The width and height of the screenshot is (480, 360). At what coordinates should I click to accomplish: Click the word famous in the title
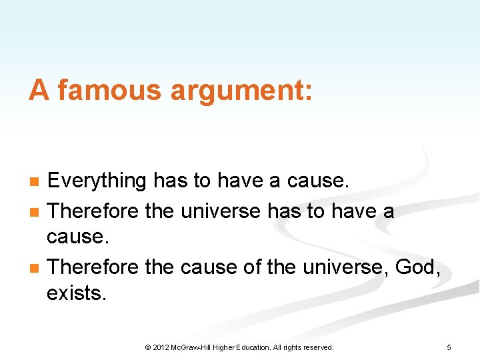[108, 91]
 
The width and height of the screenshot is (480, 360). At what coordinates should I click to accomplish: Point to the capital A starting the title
[39, 91]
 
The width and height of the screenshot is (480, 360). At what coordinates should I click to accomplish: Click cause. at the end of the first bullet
[323, 181]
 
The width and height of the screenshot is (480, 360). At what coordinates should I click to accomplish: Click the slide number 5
[449, 347]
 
